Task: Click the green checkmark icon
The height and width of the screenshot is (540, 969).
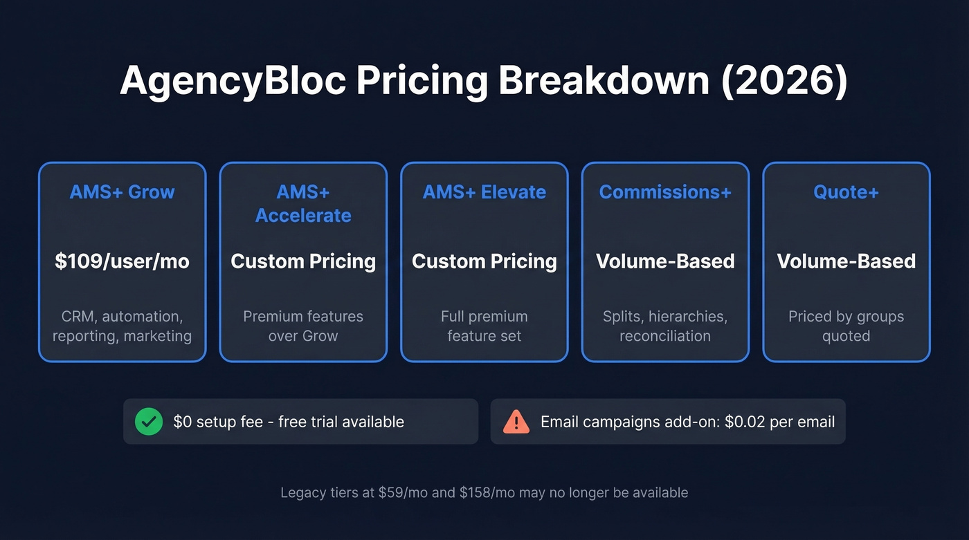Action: point(149,421)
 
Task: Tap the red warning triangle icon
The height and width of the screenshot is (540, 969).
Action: point(516,421)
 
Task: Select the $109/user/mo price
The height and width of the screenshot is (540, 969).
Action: point(122,261)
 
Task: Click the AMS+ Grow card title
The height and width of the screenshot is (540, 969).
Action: point(122,192)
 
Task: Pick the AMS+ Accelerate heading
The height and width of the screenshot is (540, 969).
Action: point(303,203)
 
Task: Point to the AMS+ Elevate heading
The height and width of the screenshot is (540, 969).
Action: point(484,192)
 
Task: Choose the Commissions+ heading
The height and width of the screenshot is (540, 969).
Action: point(665,192)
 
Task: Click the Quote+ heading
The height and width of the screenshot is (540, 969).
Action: point(846,192)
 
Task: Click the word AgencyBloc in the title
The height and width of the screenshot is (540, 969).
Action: point(233,81)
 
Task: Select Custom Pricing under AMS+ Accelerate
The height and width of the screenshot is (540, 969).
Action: point(303,261)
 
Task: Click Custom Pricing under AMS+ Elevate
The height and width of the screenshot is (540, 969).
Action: point(484,261)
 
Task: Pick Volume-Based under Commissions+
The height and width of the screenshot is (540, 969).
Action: point(665,261)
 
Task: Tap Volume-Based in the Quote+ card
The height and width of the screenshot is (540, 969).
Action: point(846,261)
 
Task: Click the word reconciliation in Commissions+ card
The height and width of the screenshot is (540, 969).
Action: point(665,336)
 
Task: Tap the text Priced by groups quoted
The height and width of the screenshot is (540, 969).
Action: point(846,326)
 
